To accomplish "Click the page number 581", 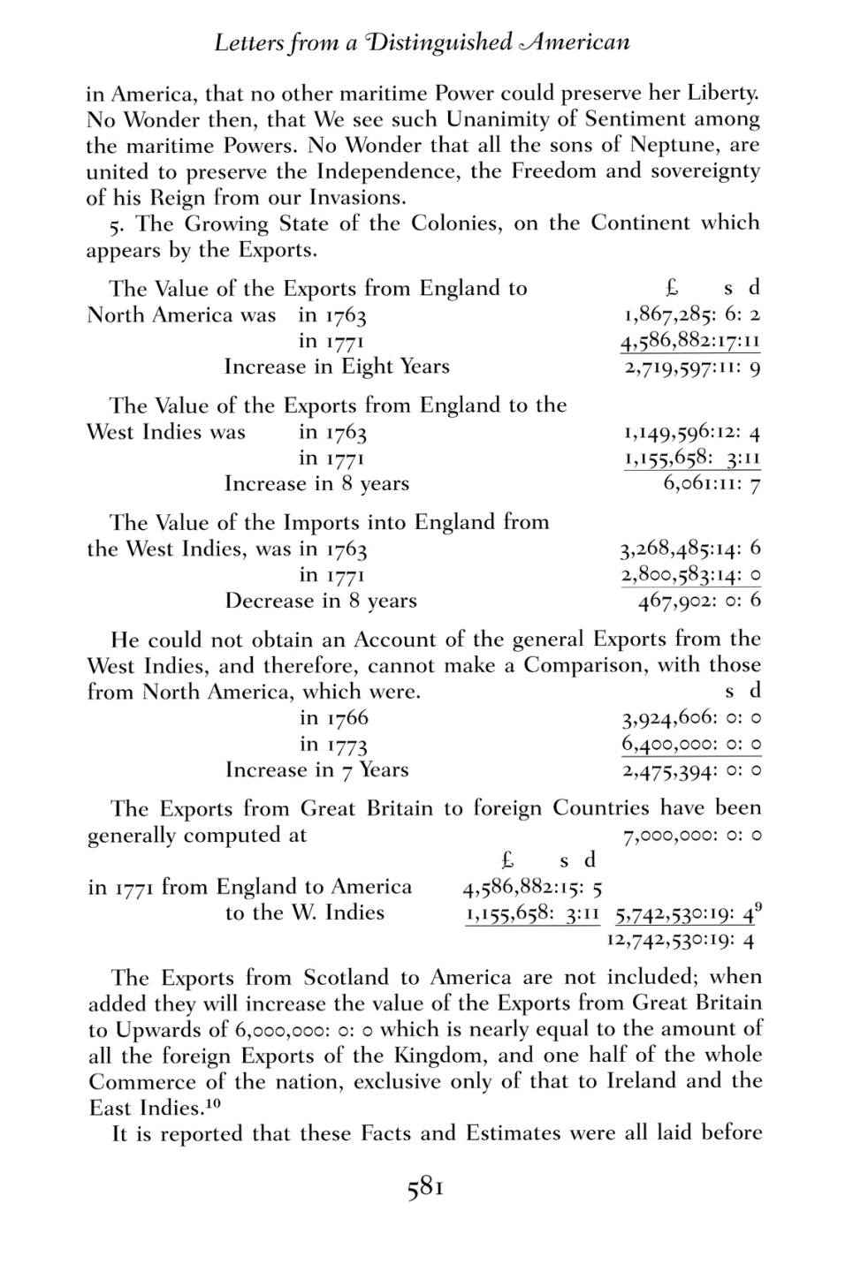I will tap(425, 1189).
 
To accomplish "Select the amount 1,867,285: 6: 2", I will tap(691, 315).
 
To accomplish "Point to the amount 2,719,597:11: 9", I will tap(691, 367).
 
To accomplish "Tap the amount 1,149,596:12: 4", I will tap(691, 433).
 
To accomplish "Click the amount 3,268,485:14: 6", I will tap(690, 549).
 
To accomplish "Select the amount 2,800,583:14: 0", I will tap(690, 576).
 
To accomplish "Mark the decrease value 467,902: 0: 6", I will tap(699, 602).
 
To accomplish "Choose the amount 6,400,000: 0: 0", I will tap(691, 745).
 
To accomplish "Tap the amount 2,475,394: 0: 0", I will tap(691, 771).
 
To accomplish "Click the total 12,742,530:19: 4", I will tap(681, 940).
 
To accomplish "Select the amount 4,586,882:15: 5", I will tap(533, 888).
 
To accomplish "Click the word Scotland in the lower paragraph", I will tap(346, 978).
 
